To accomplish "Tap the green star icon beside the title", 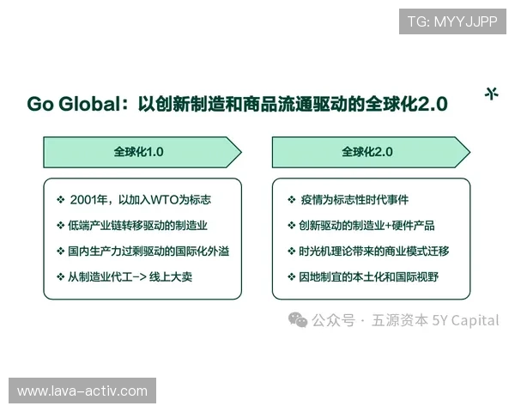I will (491, 94).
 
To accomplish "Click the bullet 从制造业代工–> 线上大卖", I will (136, 277).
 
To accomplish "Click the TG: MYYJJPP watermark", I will (451, 21).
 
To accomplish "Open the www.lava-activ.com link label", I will (82, 391).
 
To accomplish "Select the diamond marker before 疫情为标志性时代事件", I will (291, 200).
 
